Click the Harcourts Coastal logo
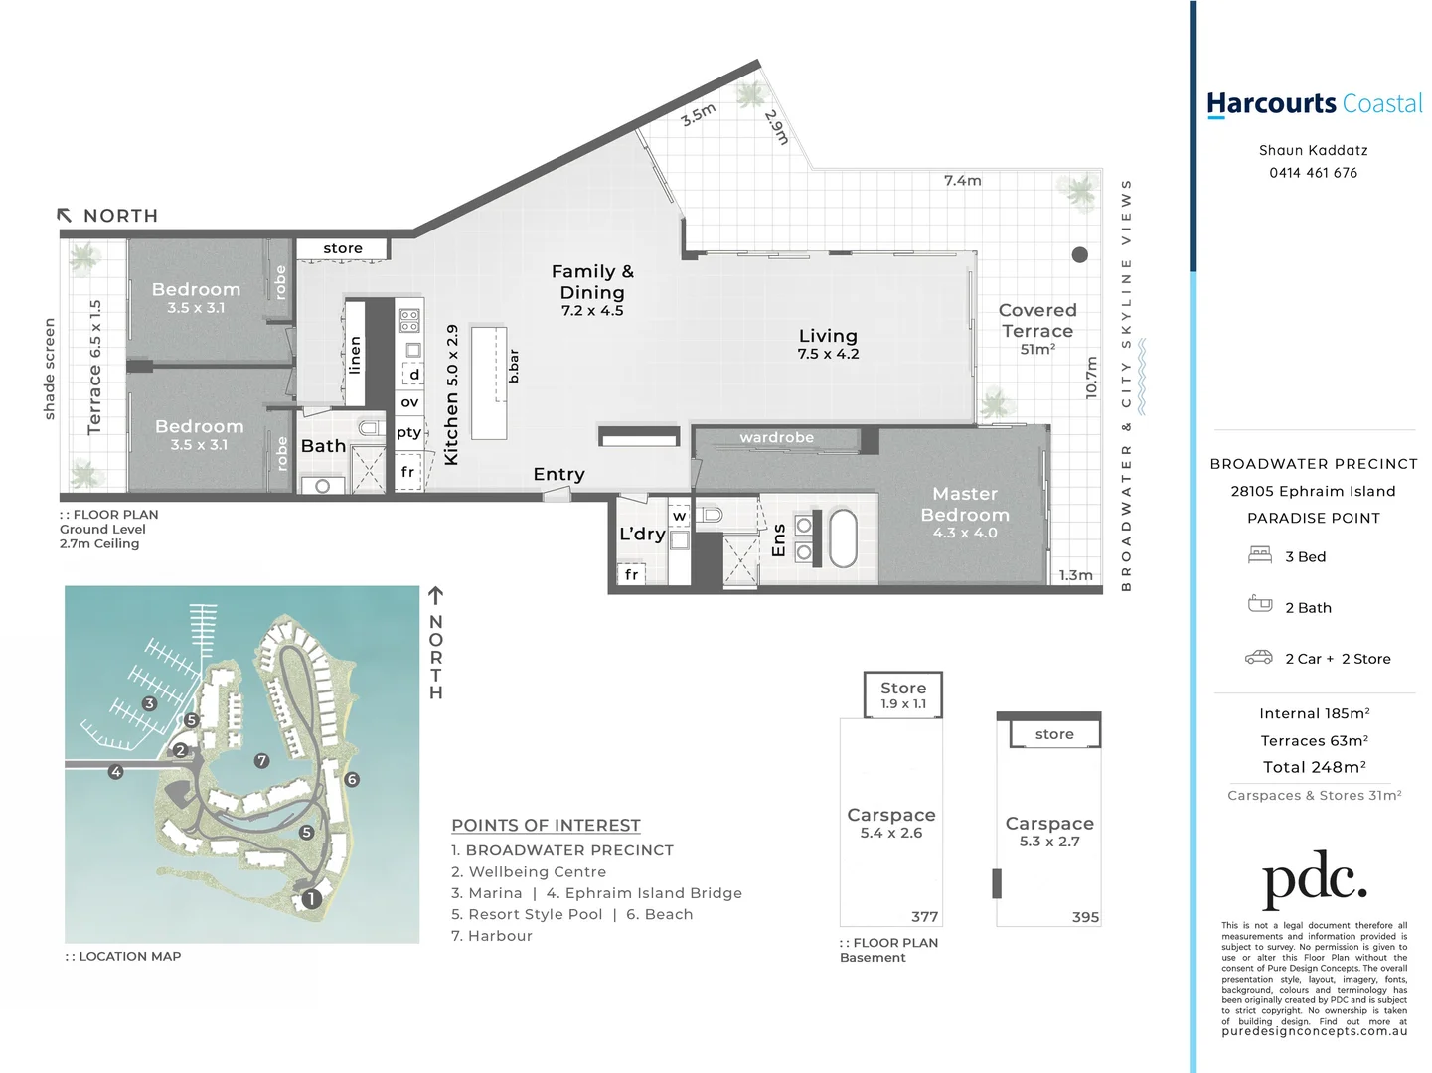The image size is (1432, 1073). [x=1314, y=104]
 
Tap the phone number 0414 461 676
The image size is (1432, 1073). [x=1313, y=173]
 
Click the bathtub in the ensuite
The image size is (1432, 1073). [x=843, y=538]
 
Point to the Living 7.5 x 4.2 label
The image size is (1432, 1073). [x=828, y=344]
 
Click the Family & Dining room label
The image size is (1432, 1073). [x=592, y=289]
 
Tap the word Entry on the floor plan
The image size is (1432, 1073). [x=558, y=475]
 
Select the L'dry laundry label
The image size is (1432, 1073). [x=642, y=535]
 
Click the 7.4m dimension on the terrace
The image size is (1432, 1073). [x=962, y=181]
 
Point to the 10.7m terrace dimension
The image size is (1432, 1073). [x=1091, y=378]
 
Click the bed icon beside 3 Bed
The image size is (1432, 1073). [x=1260, y=555]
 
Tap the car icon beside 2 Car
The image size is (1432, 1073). [x=1259, y=658]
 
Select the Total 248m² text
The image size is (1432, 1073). [x=1314, y=767]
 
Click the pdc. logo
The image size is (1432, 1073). [x=1314, y=878]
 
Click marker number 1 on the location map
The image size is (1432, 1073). [x=311, y=899]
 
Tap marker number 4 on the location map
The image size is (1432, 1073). [x=116, y=772]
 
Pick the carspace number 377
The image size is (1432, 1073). [x=924, y=917]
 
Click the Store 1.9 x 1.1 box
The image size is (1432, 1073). [x=902, y=694]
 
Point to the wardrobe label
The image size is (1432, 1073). [x=776, y=438]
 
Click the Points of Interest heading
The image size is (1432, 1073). [x=546, y=826]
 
